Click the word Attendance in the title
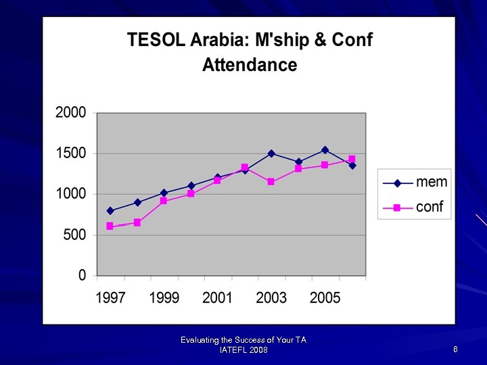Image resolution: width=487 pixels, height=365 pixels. coord(250,65)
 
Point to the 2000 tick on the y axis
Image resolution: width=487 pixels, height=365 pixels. coord(71,113)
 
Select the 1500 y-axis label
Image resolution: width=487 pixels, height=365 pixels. coord(71,153)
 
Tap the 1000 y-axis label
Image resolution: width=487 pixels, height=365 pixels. coord(71,194)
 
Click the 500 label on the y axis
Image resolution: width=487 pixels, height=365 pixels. coord(75,235)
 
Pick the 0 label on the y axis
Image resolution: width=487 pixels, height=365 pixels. coord(83,276)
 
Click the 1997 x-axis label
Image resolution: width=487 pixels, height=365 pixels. coord(110,298)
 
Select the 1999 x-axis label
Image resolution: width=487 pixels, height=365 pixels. coord(164,298)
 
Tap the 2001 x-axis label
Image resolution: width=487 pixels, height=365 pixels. coord(217,298)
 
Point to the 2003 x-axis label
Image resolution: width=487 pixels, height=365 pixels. coord(271,298)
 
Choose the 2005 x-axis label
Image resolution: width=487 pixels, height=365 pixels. coord(325,298)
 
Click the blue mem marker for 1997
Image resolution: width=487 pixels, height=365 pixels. coord(110,211)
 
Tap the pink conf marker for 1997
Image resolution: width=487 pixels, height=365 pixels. coord(110,226)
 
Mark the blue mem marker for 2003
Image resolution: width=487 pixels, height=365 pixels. coord(271,153)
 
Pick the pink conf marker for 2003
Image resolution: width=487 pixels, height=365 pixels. coord(271,182)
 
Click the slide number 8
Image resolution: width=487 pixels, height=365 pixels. coord(456,349)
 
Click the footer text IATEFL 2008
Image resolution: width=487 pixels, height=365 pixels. coord(243,349)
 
